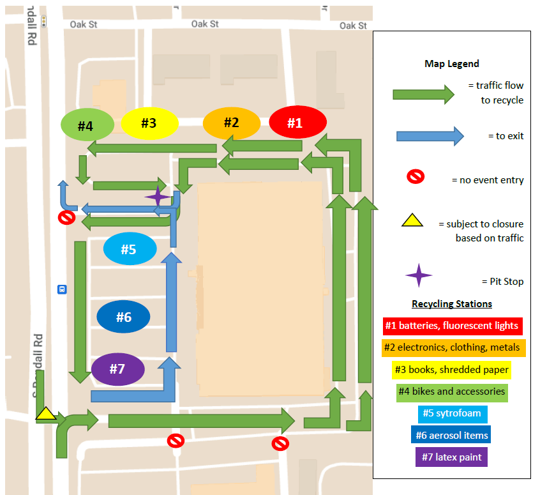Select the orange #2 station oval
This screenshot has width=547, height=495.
point(231,123)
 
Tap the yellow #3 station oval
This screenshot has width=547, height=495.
point(149,123)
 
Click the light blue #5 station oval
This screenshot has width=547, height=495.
point(130,249)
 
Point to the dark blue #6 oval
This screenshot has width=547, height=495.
point(123,317)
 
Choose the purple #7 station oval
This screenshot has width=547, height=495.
point(117,369)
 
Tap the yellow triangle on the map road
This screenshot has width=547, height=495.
point(46,414)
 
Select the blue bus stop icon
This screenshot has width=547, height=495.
point(62,288)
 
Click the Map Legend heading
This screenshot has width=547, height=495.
point(451,64)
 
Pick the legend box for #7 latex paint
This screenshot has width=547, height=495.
point(451,457)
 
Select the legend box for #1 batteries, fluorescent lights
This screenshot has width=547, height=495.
point(453,326)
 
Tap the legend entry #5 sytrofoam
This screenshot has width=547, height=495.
point(451,413)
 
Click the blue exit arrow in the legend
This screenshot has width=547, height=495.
point(430,136)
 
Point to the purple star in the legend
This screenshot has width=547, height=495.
point(419,275)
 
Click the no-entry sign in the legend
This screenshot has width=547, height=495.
point(416,176)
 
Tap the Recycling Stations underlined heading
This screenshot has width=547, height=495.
point(451,303)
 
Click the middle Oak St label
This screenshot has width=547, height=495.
point(205,24)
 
